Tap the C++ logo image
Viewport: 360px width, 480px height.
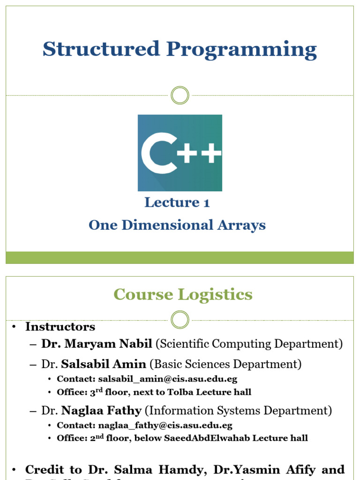(180, 153)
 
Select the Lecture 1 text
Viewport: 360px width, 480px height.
(177, 202)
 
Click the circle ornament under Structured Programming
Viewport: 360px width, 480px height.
(180, 95)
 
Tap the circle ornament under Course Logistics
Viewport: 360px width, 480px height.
(180, 320)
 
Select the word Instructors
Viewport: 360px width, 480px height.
(60, 327)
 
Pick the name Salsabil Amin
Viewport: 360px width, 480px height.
(104, 364)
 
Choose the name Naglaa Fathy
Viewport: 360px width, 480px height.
(101, 411)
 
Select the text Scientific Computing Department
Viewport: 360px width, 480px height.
(249, 344)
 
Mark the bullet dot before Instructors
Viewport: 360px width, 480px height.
(15, 327)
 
